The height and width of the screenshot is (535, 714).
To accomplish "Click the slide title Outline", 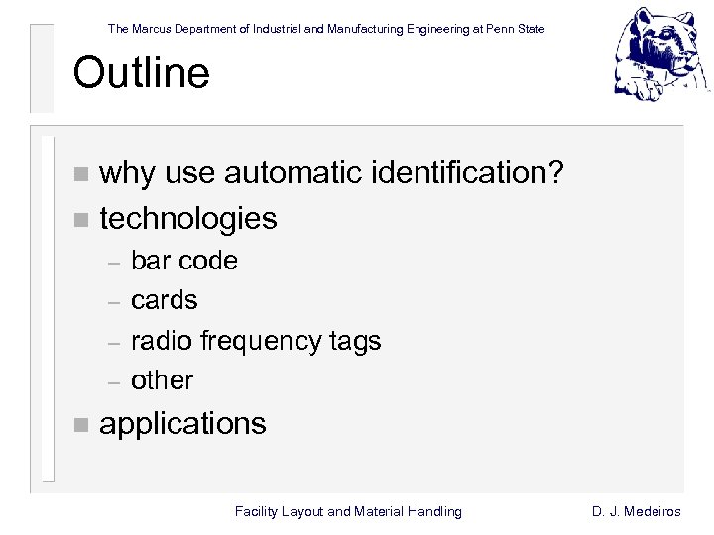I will pos(141,73).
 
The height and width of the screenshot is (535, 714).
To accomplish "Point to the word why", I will pos(128,174).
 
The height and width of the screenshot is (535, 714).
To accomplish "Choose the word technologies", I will pos(188,218).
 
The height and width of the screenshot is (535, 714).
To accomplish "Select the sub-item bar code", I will pos(184,261).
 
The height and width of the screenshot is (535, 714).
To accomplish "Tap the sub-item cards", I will pos(165,300).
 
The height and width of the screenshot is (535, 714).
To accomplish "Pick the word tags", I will pos(355,342).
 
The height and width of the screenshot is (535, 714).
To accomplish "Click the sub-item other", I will pos(163,380).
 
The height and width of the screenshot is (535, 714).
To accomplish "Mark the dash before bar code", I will pos(114,263).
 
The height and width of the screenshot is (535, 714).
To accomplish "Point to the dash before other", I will pos(114,381).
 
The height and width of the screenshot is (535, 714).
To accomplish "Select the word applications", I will pos(183,424).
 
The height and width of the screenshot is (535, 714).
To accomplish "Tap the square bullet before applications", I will pos(80,425).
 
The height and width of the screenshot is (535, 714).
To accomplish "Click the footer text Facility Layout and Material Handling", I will pos(348,511).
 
